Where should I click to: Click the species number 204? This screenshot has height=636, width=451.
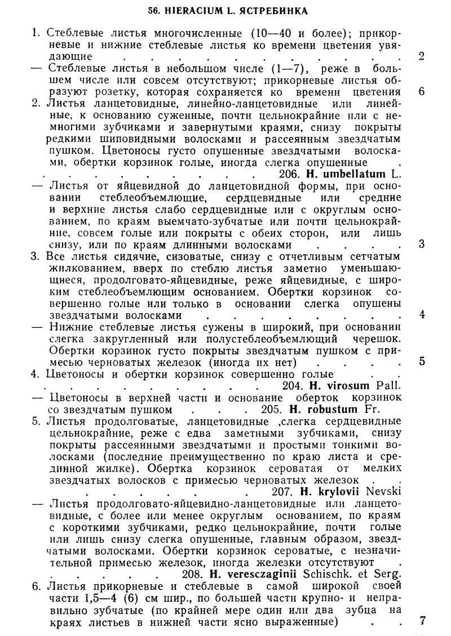[293, 385]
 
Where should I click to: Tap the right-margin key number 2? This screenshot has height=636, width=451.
[422, 55]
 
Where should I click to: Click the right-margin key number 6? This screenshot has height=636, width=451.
[422, 91]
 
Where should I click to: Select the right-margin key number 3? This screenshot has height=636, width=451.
[422, 244]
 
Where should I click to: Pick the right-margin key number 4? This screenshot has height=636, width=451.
[422, 314]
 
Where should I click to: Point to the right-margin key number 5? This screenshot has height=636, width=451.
[422, 362]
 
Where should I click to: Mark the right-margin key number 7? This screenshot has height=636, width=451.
[422, 621]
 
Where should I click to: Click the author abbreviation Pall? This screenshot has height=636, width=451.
[390, 385]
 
